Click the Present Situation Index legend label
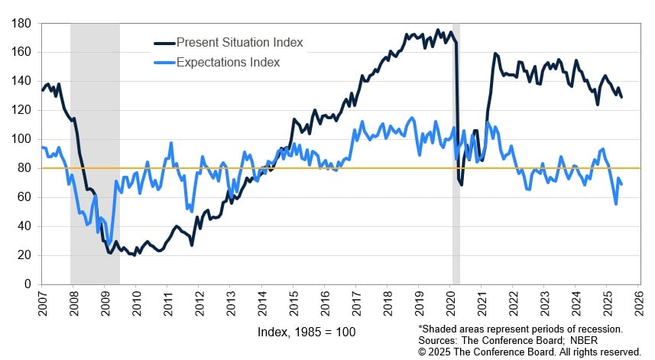[x=239, y=43]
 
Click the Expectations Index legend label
[x=229, y=62]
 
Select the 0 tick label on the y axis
[x=28, y=284]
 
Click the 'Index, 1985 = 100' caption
[x=306, y=332]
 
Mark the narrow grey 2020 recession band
[x=456, y=153]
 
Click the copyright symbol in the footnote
[x=423, y=351]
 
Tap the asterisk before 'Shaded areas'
[x=420, y=329]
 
